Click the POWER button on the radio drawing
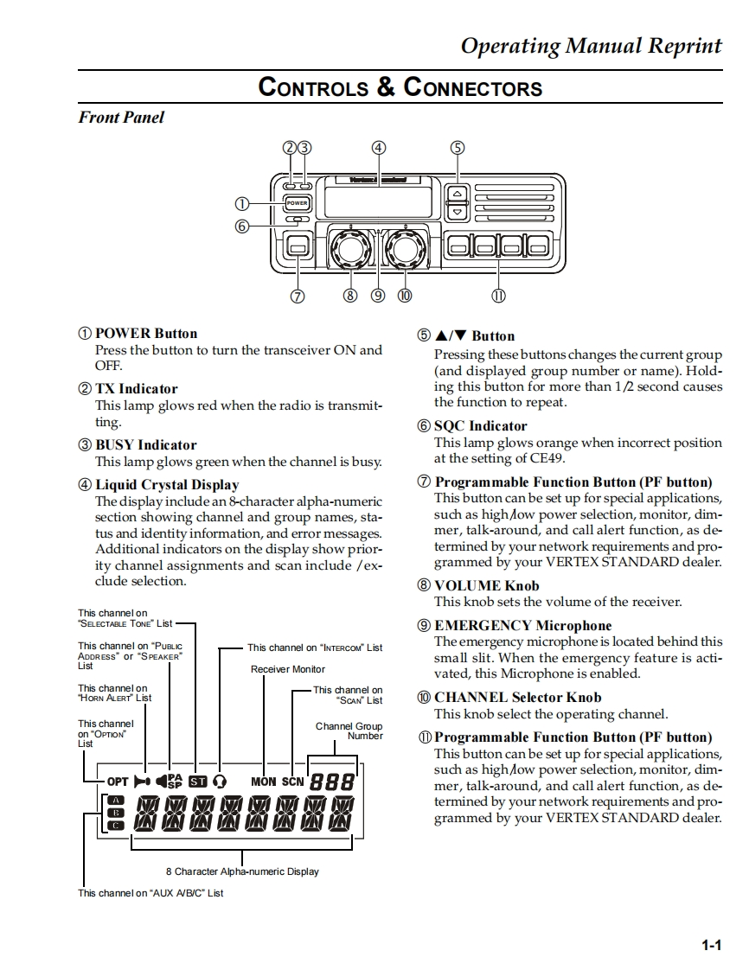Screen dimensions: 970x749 point(297,203)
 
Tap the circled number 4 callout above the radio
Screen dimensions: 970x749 point(378,147)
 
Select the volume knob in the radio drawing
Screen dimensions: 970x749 point(350,248)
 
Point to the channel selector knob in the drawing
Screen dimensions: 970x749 point(404,248)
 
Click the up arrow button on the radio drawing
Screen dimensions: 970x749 point(458,194)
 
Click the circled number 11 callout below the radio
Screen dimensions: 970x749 point(498,296)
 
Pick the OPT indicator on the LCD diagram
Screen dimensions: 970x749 point(118,782)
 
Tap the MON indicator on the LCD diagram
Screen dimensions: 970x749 point(264,782)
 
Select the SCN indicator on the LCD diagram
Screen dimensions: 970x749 point(293,782)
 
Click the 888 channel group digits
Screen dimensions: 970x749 point(332,782)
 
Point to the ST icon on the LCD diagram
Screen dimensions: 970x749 point(197,782)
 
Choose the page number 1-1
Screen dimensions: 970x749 point(711,946)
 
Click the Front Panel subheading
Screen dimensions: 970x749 point(121,117)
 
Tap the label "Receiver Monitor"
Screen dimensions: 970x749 point(288,669)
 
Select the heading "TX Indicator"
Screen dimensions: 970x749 point(136,389)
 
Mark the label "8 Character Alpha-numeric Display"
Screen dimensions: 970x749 point(242,871)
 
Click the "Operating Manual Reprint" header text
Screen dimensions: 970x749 point(591,46)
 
